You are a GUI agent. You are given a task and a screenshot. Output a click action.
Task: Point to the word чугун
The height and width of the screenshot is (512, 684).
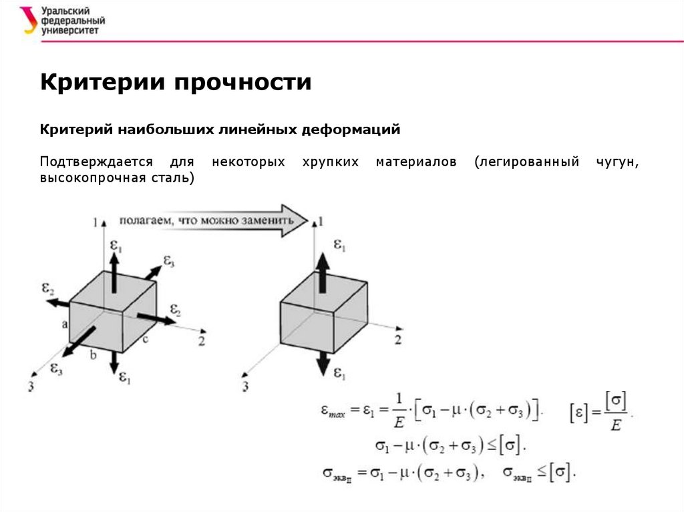[x=618, y=162]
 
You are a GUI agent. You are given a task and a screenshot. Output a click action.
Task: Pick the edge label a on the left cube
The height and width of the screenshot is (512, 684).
[x=65, y=324]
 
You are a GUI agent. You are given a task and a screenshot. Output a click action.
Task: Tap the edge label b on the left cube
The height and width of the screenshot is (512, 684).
[x=93, y=356]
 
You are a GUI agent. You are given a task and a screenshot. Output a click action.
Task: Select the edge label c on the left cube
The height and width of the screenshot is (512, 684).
[x=145, y=339]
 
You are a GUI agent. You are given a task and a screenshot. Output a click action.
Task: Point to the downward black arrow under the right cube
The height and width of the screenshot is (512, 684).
[x=323, y=362]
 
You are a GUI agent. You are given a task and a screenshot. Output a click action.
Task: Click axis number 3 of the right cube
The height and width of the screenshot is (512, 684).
[x=246, y=387]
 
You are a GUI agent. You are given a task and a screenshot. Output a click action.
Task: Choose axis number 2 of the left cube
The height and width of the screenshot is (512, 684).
[x=201, y=340]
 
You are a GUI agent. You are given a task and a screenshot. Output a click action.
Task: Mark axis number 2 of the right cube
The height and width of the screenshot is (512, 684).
[x=397, y=340]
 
